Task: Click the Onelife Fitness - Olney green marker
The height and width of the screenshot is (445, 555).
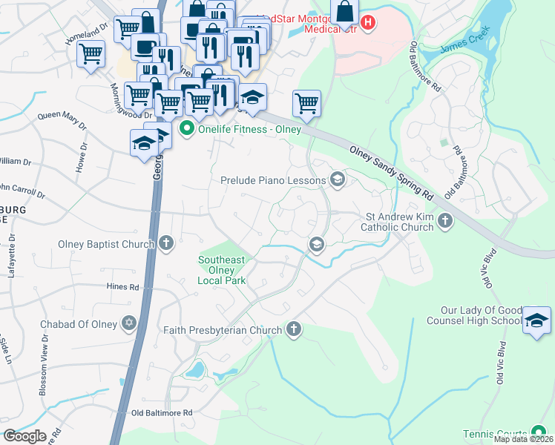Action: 187,129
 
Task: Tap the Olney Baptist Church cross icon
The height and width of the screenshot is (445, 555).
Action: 167,243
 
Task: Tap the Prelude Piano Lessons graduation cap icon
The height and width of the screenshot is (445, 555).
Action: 338,179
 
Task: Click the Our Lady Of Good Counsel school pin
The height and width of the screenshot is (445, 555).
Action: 536,320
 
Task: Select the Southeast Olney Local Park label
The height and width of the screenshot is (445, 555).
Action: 221,270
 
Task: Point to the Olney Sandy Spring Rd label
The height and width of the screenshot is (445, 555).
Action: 391,173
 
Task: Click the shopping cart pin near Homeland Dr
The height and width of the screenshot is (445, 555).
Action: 90,53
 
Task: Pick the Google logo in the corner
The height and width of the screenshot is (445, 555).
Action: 24,436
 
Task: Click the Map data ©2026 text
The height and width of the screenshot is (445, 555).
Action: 523,439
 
